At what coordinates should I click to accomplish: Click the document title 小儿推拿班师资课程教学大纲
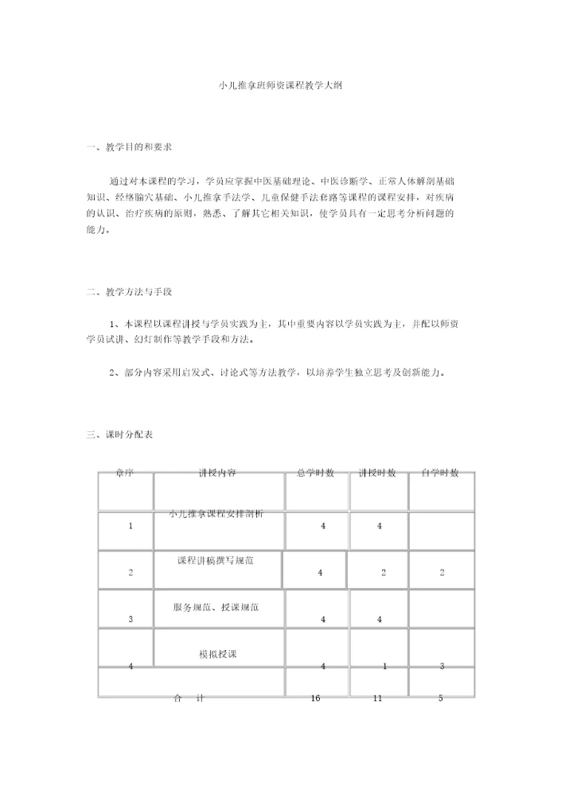coord(286,84)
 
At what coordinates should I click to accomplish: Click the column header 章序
coord(125,473)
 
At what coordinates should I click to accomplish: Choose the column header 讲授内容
coord(217,473)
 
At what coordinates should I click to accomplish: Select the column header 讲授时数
coord(378,473)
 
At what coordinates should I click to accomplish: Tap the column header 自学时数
coord(441,473)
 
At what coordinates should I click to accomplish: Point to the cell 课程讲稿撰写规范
coord(216,560)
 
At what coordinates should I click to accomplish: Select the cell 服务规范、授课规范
coord(216,607)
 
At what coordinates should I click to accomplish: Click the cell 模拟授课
coord(218,654)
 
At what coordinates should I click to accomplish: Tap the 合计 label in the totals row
coord(189,698)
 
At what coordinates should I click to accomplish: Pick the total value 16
coord(316,698)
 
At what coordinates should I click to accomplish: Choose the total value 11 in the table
coord(379,698)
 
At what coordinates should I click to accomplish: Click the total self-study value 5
coord(440,698)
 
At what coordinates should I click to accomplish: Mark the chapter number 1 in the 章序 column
coord(130,526)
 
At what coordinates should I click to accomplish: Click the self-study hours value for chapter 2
coord(442,573)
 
